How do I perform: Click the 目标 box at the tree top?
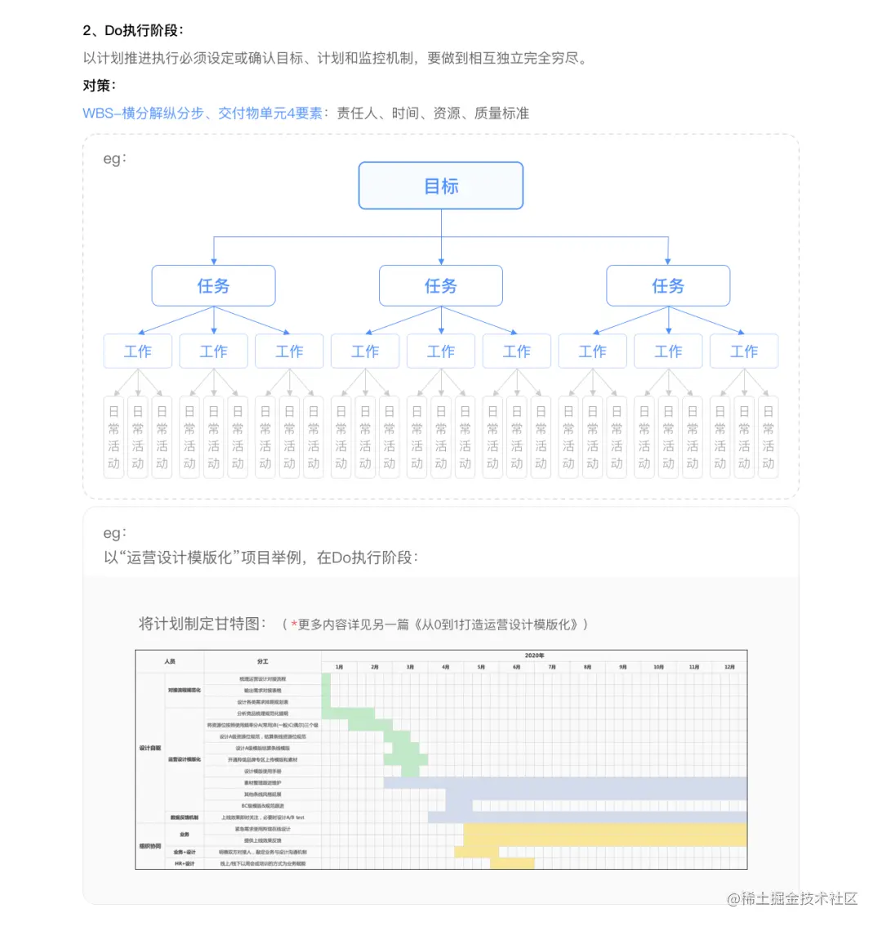441,186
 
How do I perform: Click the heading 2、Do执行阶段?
132,30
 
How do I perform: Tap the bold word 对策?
99,85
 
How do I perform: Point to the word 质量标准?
501,113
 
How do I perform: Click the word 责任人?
358,113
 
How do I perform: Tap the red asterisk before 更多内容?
293,624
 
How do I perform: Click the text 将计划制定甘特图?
202,624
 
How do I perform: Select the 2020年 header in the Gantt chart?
534,656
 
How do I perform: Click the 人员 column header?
170,661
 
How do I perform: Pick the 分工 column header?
262,661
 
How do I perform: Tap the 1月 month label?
339,667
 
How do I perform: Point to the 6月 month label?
516,667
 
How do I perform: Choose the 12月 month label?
729,667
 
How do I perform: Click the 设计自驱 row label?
150,748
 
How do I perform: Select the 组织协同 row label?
150,846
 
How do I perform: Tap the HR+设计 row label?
185,863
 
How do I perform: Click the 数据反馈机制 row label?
185,817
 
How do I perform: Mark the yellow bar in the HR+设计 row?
512,863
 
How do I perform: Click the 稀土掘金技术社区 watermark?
792,898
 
